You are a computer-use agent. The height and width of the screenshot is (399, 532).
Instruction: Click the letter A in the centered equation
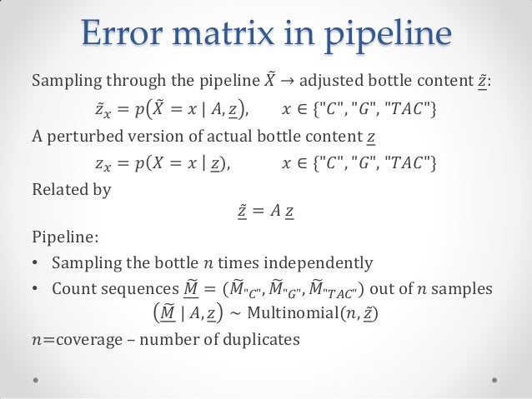[275, 215]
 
